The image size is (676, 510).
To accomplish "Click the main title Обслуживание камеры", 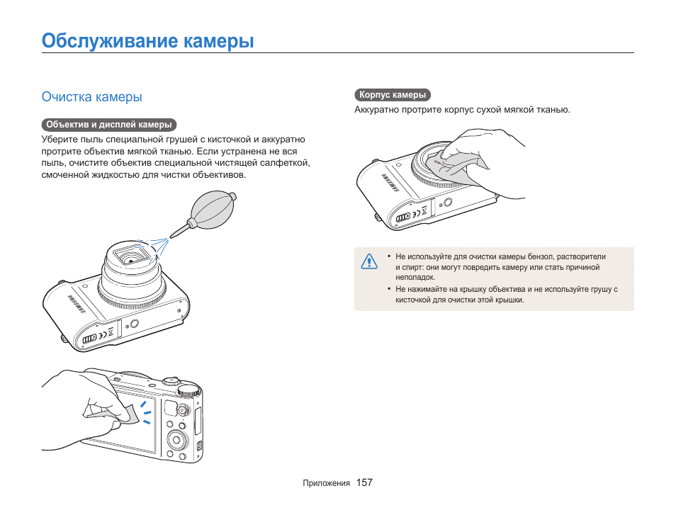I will coord(147,40).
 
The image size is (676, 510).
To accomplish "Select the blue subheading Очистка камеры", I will coord(91,96).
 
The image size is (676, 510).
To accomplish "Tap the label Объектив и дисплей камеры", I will coord(108,125).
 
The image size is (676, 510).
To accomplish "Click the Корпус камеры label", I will coord(393,95).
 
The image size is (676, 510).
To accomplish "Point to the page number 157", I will coord(364,482).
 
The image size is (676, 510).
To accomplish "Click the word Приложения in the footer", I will coord(326,483).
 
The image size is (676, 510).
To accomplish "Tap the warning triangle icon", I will coord(368,261).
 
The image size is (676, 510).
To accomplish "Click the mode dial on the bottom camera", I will coord(188,390).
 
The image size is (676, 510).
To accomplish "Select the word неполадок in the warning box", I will coord(415,278).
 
